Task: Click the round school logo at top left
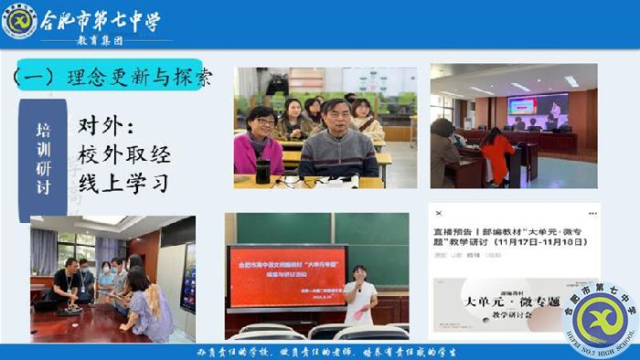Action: coord(19,21)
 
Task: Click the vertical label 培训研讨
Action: coord(43,157)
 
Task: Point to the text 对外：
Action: coord(107,123)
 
